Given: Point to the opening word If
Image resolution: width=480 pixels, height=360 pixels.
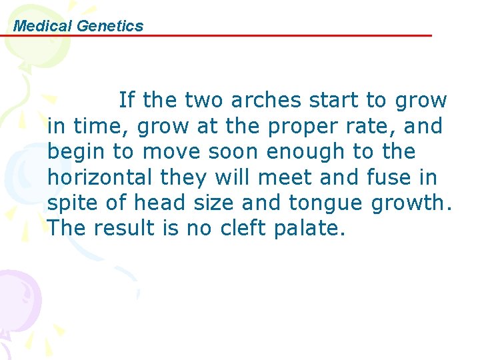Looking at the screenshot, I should pyautogui.click(x=126, y=101).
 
